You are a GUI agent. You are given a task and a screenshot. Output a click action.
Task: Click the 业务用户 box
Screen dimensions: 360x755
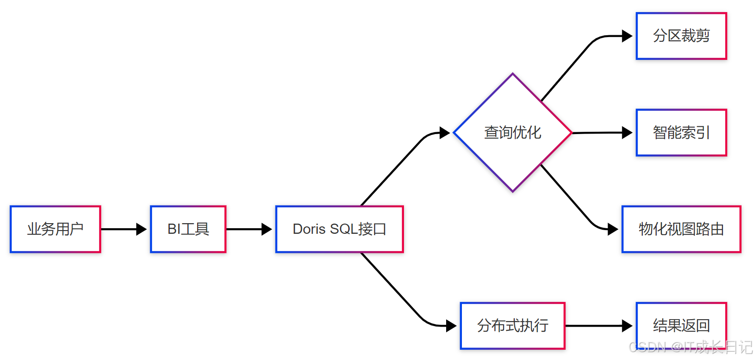55,229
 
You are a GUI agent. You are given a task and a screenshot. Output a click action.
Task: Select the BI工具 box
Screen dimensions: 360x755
188,229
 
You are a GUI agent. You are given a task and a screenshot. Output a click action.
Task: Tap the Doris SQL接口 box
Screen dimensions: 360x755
339,229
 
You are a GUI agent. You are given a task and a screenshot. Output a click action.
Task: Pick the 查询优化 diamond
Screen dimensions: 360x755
512,133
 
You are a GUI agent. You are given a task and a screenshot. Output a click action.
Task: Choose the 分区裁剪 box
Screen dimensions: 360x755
681,36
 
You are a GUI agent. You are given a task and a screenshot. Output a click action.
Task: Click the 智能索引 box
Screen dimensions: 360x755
681,133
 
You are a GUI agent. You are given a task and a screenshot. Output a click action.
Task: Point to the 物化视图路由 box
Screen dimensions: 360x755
681,229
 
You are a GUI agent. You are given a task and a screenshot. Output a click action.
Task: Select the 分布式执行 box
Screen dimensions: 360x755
512,326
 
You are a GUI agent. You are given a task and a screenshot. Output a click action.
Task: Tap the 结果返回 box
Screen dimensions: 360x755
681,326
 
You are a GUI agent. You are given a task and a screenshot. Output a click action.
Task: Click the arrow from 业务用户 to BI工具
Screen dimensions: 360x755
123,229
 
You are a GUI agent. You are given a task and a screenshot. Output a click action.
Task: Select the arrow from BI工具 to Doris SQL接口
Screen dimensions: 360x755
249,229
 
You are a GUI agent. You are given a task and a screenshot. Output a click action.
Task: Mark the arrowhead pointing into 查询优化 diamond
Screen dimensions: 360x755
445,133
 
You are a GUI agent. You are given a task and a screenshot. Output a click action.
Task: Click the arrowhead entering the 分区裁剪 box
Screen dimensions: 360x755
627,36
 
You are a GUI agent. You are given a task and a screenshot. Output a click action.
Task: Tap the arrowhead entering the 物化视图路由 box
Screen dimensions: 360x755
613,229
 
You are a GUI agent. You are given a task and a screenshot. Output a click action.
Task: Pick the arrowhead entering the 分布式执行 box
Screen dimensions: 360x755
451,326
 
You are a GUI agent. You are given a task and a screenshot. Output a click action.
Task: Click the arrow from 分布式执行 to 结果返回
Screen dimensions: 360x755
598,326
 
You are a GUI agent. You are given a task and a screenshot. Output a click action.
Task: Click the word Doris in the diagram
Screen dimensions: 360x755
309,229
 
